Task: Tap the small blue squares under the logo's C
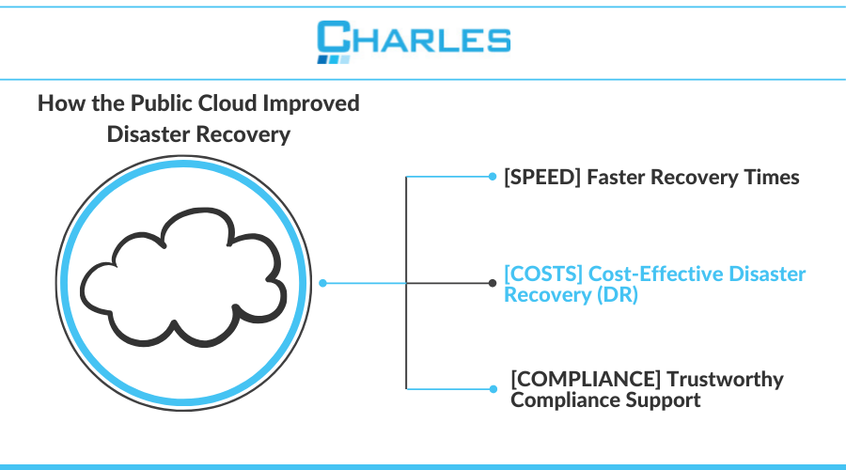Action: (x=334, y=59)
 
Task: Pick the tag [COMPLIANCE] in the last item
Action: (x=583, y=379)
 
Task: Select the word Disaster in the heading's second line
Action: (x=150, y=134)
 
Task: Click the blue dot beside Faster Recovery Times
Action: (x=492, y=176)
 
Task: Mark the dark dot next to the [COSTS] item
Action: (x=492, y=282)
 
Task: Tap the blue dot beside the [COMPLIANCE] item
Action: (x=492, y=388)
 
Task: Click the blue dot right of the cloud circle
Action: (x=323, y=282)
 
